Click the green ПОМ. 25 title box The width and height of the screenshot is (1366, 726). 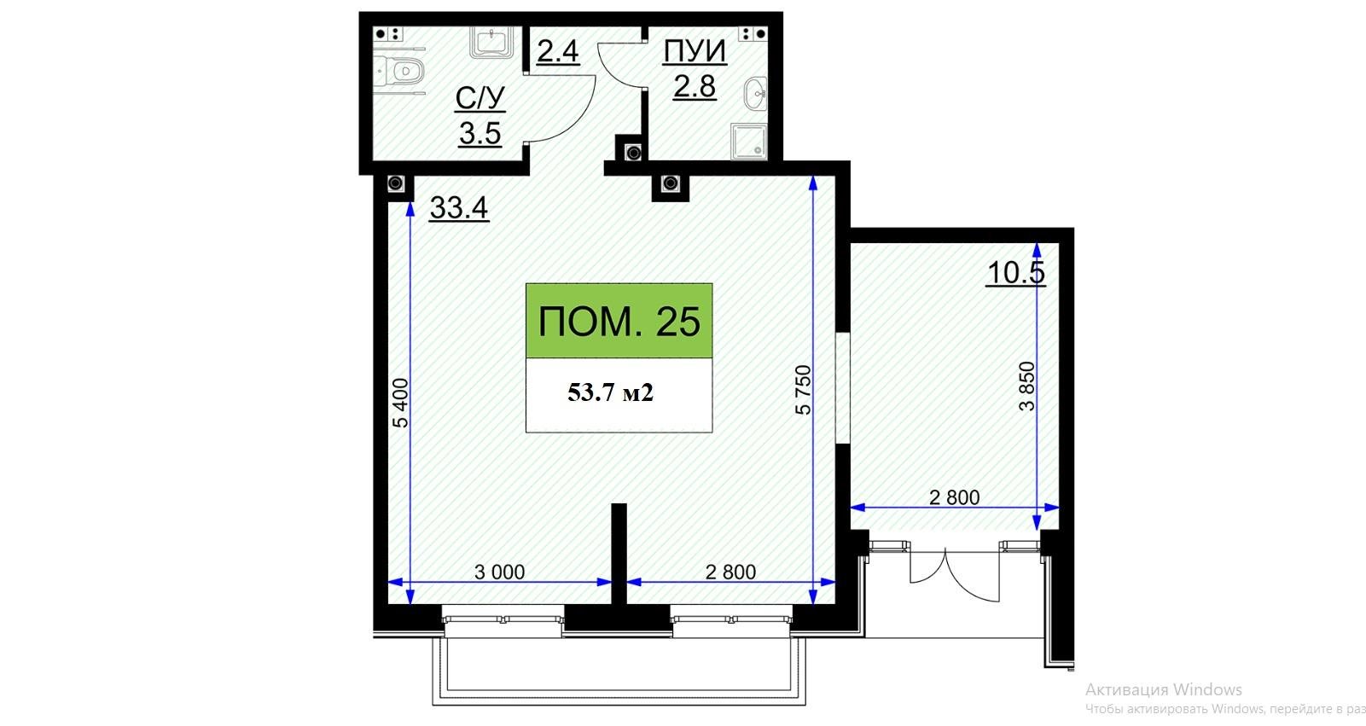619,321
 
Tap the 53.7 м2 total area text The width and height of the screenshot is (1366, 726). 610,392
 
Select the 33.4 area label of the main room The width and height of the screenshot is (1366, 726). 459,208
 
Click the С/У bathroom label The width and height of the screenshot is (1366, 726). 480,98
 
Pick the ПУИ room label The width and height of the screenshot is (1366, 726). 695,51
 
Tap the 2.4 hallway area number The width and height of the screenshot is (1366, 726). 557,51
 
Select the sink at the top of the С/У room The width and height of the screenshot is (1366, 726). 491,42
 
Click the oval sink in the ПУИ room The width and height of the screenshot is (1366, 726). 756,94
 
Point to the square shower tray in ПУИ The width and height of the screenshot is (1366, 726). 749,142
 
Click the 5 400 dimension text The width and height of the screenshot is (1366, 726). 400,403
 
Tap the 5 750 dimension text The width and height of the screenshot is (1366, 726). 803,390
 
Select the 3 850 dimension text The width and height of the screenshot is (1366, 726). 1027,386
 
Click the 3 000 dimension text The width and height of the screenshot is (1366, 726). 499,572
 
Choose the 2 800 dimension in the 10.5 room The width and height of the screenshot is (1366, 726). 955,497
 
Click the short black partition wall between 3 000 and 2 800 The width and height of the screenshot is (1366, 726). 619,554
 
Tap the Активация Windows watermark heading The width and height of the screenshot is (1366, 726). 1164,689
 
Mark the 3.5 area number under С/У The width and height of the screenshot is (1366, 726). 480,133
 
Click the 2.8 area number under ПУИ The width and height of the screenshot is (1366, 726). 695,86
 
